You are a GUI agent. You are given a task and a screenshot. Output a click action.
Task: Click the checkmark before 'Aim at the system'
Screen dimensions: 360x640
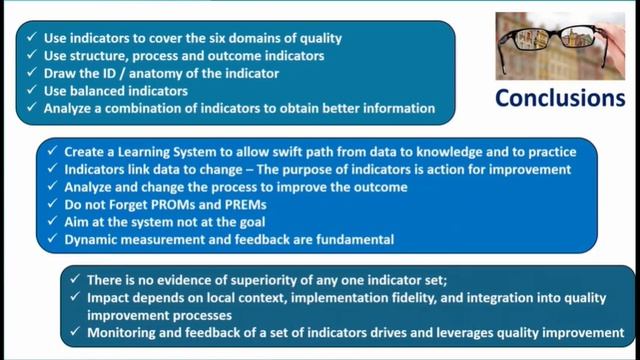click(x=51, y=223)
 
